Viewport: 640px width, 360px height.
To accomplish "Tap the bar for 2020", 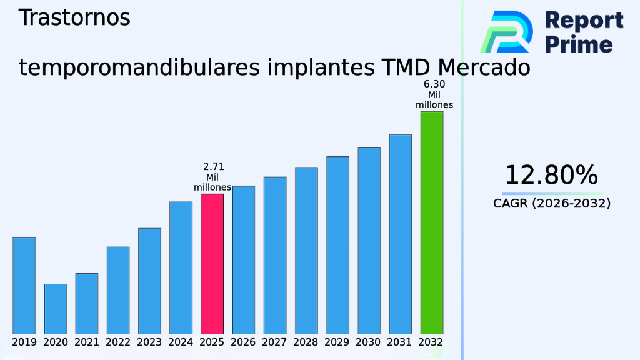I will pyautogui.click(x=55, y=309).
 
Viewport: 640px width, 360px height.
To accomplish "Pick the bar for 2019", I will pyautogui.click(x=24, y=285).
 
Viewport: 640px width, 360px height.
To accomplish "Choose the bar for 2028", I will pyautogui.click(x=306, y=250).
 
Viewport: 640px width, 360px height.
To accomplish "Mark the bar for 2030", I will pyautogui.click(x=369, y=240).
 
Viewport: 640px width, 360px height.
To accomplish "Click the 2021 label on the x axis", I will pyautogui.click(x=87, y=342).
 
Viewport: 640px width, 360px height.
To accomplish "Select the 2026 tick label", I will pyautogui.click(x=243, y=342).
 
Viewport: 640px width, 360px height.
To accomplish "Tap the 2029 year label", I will pyautogui.click(x=337, y=342).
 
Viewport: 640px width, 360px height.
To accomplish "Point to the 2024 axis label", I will pyautogui.click(x=181, y=342).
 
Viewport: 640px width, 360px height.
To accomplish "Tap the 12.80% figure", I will pyautogui.click(x=551, y=175).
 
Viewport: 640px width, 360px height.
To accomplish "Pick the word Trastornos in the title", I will pyautogui.click(x=74, y=18).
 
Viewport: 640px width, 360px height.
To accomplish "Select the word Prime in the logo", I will pyautogui.click(x=579, y=44).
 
